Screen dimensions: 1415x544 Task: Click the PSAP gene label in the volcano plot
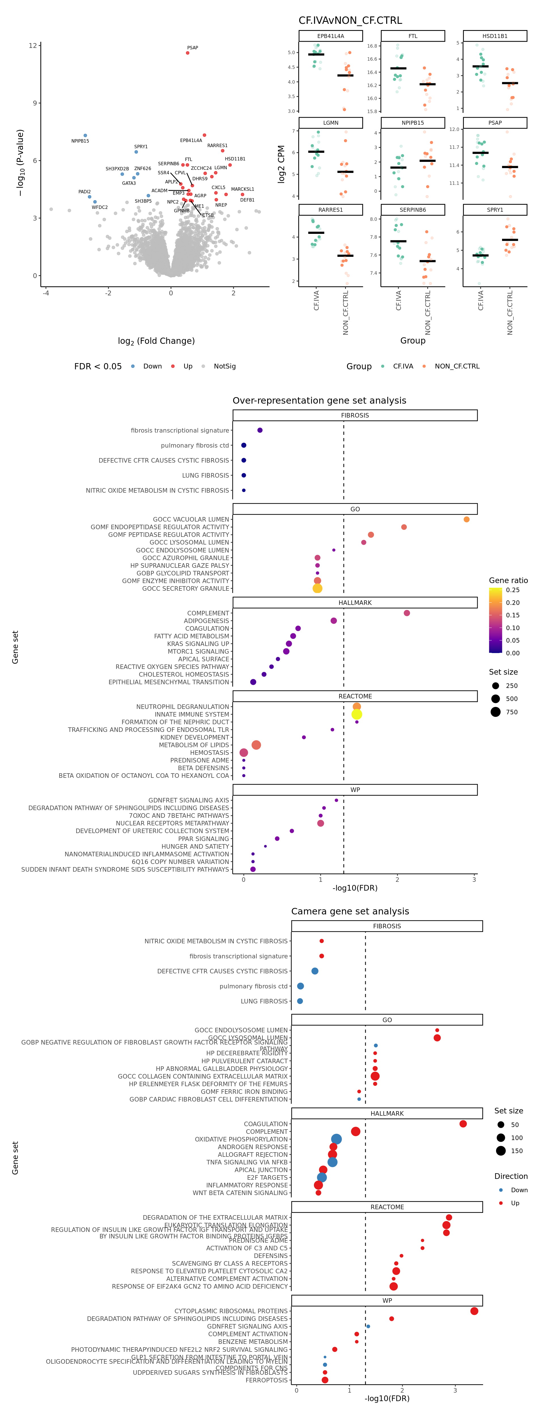click(x=192, y=48)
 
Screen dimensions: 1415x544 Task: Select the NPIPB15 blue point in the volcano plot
click(x=85, y=135)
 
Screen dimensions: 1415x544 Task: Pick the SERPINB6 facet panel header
click(x=413, y=210)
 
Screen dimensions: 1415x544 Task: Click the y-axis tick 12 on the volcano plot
click(x=33, y=46)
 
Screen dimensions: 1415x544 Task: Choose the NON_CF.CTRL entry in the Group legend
click(x=457, y=367)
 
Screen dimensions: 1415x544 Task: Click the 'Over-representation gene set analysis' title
click(x=320, y=401)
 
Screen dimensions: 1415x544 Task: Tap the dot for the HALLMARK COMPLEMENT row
click(x=407, y=613)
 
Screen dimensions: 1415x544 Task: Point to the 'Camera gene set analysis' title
click(x=350, y=911)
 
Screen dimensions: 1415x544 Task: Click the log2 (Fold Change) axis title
click(x=156, y=341)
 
